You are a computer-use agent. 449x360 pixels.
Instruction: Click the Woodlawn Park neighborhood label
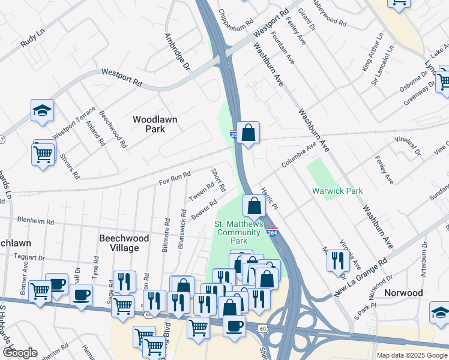pyautogui.click(x=155, y=124)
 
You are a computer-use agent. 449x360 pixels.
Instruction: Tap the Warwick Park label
pyautogui.click(x=337, y=191)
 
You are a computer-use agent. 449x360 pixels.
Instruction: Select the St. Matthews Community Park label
pyautogui.click(x=240, y=232)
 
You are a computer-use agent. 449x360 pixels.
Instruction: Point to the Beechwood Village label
pyautogui.click(x=124, y=242)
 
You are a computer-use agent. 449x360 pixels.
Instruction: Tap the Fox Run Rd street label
pyautogui.click(x=175, y=178)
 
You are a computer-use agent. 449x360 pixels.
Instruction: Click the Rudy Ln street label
pyautogui.click(x=32, y=40)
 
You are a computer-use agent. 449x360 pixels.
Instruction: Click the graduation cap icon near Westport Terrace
pyautogui.click(x=43, y=110)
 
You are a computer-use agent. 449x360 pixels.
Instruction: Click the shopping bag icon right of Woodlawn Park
pyautogui.click(x=248, y=132)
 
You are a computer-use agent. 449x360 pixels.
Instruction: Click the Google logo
pyautogui.click(x=19, y=353)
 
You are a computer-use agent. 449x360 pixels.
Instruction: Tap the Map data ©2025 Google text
pyautogui.click(x=412, y=355)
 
